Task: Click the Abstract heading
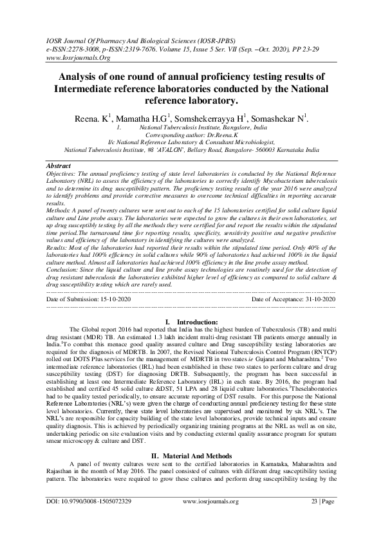pyautogui.click(x=59, y=166)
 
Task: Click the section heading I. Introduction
pyautogui.click(x=191, y=321)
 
